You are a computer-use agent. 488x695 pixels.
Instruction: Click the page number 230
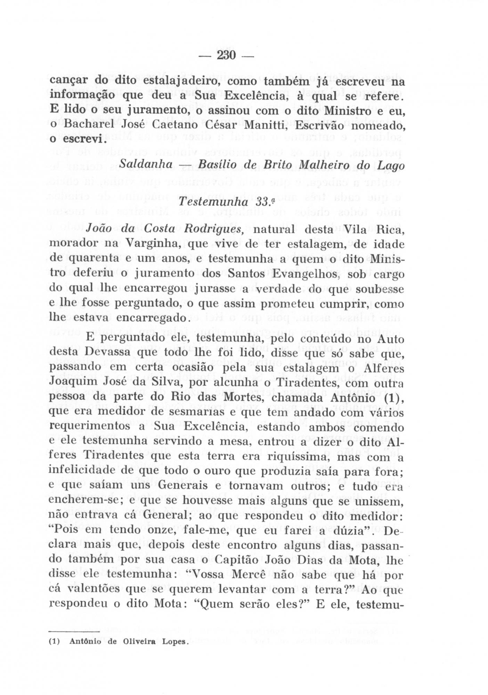coord(226,55)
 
